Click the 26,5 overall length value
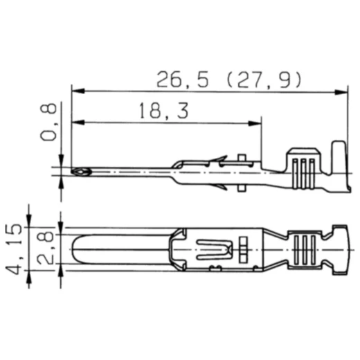click(182, 80)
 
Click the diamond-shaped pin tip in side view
click(80, 170)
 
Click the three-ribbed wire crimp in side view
click(303, 170)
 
